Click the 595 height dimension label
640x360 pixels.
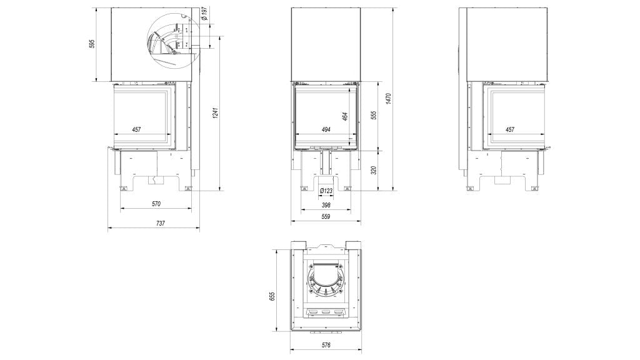pos(92,44)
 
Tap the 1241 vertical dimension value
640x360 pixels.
pos(216,114)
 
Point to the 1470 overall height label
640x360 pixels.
pos(388,99)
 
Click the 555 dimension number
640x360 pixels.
pos(374,116)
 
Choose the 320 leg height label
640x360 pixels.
pos(374,170)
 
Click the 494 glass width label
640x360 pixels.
pos(326,130)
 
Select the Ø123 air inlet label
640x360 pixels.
pos(326,191)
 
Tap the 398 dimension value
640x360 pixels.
pos(326,205)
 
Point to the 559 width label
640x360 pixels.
pos(325,217)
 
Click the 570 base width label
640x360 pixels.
pos(156,204)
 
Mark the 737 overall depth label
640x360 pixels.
pos(161,223)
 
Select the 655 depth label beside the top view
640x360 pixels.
pos(272,296)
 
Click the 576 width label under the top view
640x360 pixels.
pos(326,345)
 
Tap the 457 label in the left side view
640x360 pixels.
pos(136,129)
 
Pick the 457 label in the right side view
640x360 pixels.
pos(510,129)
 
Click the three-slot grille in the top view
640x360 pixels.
pos(326,312)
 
